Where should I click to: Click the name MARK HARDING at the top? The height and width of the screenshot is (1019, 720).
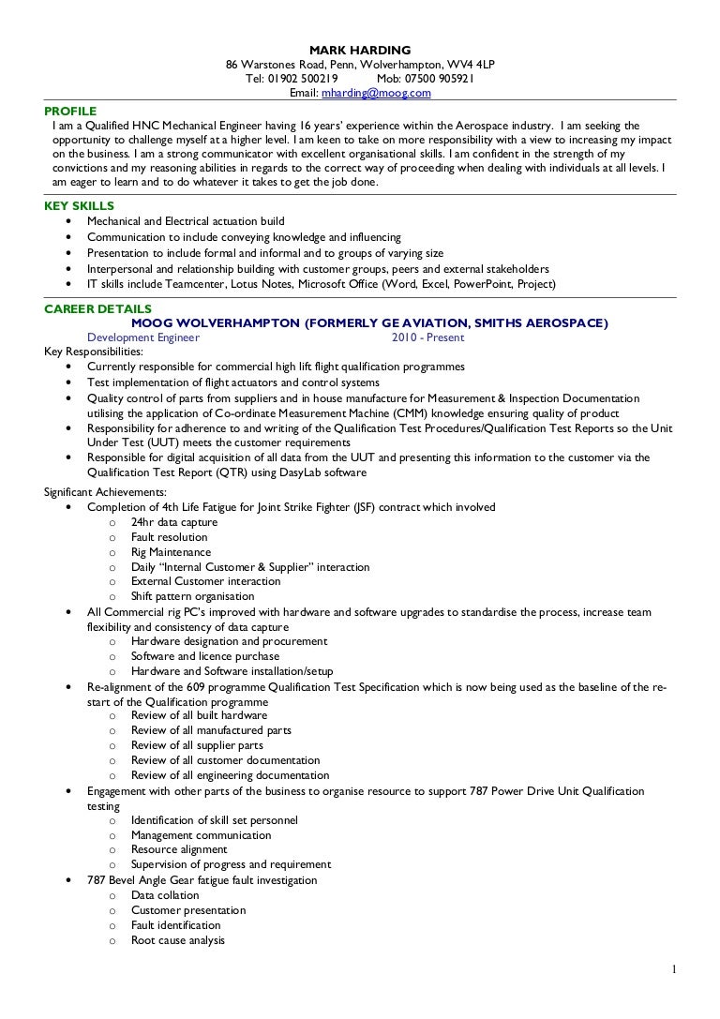click(360, 50)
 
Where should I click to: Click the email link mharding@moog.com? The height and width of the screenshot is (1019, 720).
click(376, 94)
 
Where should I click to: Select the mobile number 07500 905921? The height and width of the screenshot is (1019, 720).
click(442, 79)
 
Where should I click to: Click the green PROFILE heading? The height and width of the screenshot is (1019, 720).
click(70, 110)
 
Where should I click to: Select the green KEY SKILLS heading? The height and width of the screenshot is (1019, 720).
click(80, 206)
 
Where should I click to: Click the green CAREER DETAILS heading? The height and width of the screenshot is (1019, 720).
click(97, 308)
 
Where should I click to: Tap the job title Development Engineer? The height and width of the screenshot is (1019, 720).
click(142, 337)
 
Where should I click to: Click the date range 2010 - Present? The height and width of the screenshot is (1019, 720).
click(428, 337)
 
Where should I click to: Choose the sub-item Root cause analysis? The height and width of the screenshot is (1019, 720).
click(177, 940)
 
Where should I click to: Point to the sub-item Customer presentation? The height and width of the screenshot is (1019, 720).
click(188, 910)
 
